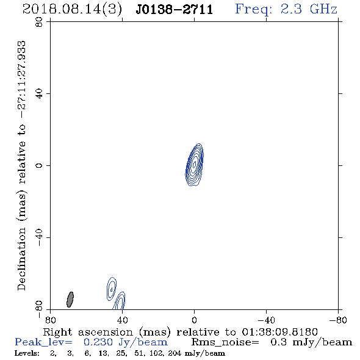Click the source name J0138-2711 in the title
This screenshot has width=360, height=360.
(x=175, y=10)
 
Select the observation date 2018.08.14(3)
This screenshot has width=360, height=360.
(x=72, y=10)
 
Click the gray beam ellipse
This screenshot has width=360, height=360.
(x=70, y=300)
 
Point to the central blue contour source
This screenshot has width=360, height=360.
(x=194, y=165)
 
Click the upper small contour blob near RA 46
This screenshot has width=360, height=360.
(x=112, y=289)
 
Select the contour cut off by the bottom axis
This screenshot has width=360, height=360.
(x=120, y=301)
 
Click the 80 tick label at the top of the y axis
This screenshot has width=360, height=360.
(x=39, y=22)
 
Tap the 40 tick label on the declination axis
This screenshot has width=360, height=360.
(x=39, y=94)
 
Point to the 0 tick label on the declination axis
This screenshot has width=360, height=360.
(x=39, y=165)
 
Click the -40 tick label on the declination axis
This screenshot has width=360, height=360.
(x=39, y=237)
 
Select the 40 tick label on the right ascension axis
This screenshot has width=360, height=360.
(x=122, y=320)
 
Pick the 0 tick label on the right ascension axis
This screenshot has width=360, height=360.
(x=194, y=320)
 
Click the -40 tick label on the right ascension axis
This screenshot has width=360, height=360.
(x=266, y=320)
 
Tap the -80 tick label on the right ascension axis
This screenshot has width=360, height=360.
(x=338, y=320)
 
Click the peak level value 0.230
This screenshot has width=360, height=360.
(x=98, y=342)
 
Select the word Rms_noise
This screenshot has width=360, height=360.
(x=225, y=342)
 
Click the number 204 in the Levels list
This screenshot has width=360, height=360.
(x=175, y=353)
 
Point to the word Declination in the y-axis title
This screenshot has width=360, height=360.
(x=21, y=259)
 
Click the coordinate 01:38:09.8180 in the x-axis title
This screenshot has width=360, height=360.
(x=279, y=332)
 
